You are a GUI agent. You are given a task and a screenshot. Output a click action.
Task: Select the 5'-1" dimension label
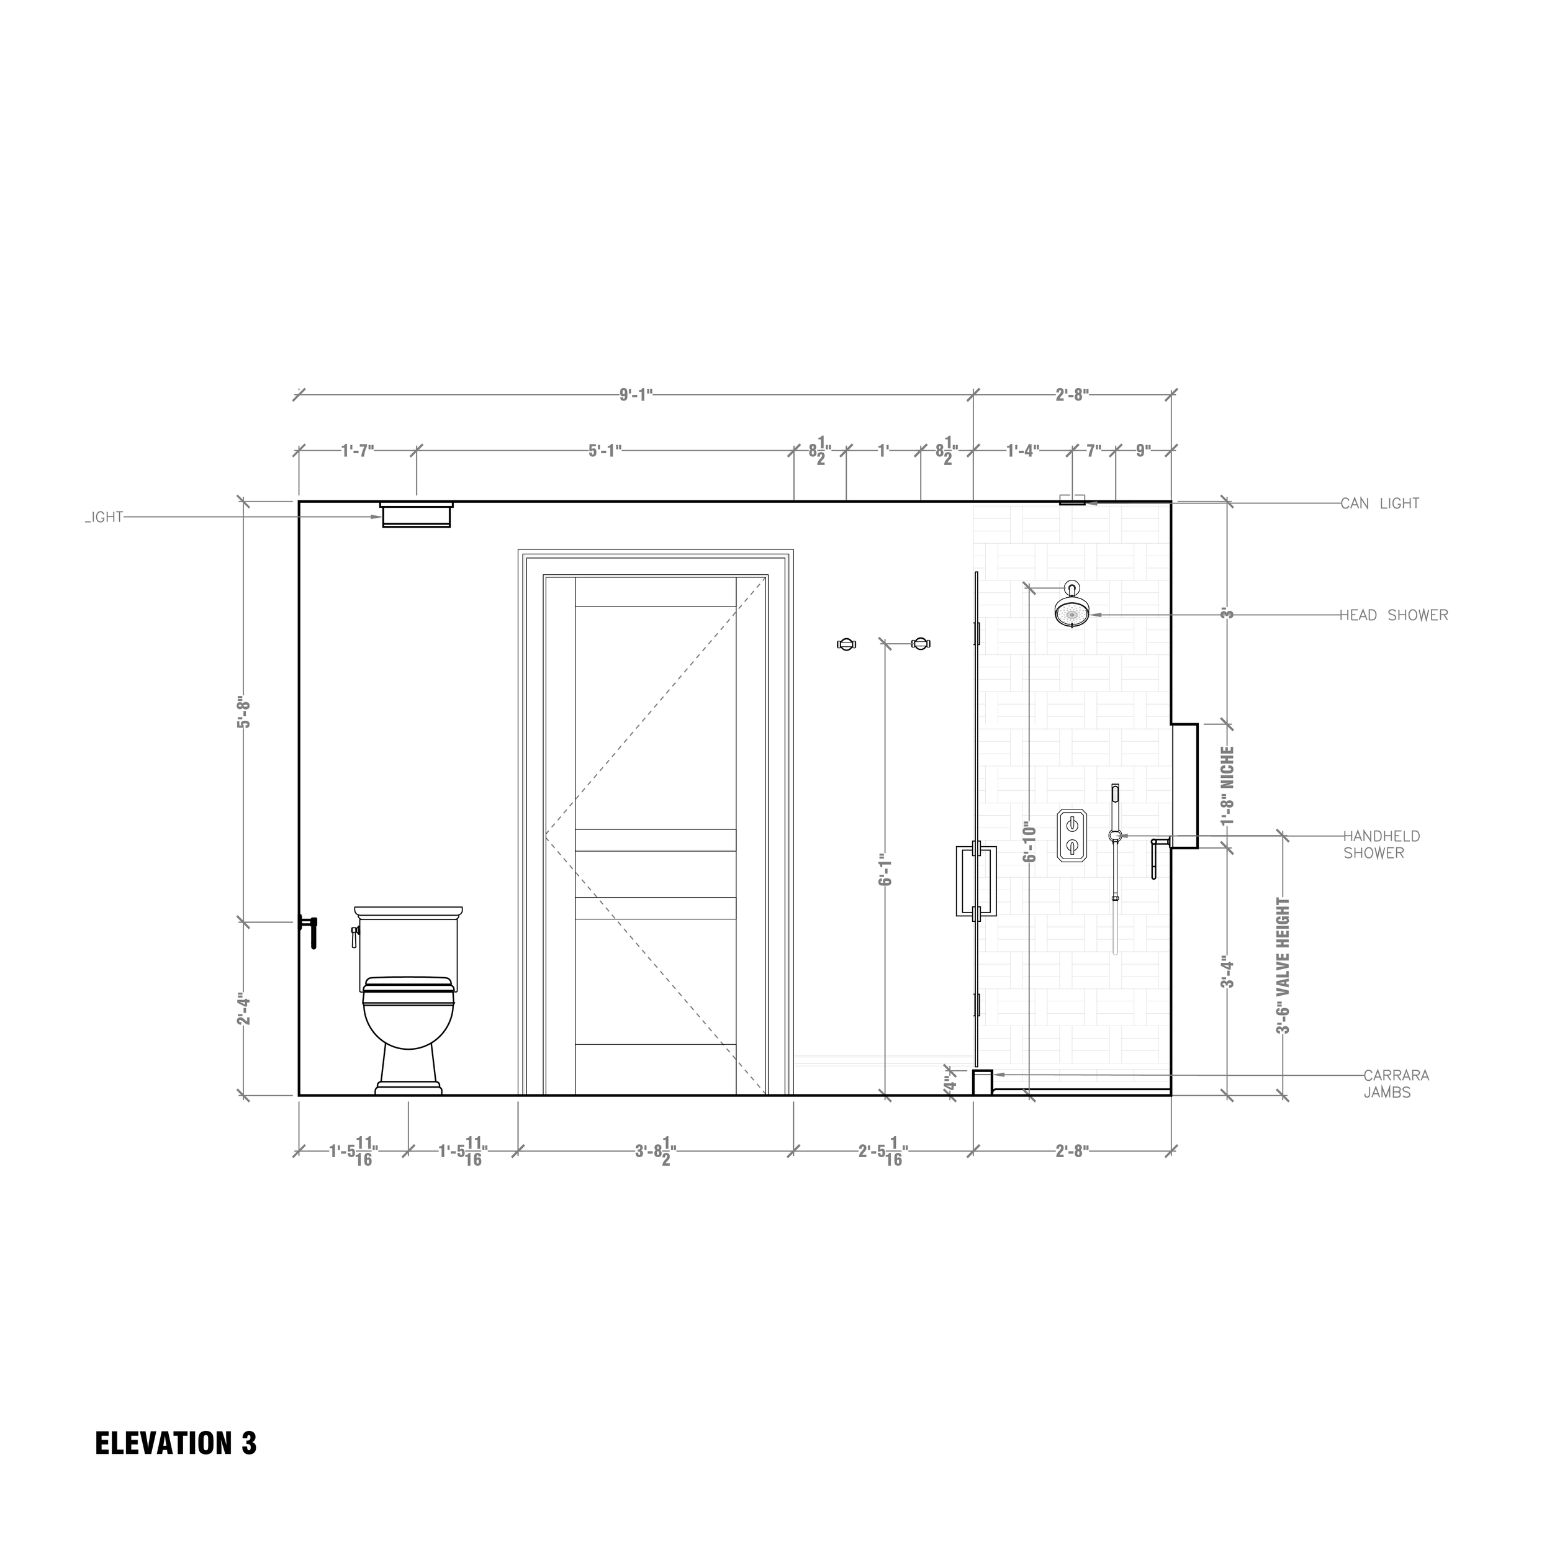pyautogui.click(x=605, y=451)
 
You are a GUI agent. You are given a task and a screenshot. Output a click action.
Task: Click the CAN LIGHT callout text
pyautogui.click(x=1379, y=503)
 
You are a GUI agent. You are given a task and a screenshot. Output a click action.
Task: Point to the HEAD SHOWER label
pyautogui.click(x=1393, y=615)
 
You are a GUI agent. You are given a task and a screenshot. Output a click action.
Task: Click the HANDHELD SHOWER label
pyautogui.click(x=1381, y=844)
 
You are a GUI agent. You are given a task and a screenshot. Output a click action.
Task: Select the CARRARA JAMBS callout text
pyautogui.click(x=1396, y=1084)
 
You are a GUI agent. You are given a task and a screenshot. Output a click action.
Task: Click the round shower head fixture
pyautogui.click(x=1072, y=615)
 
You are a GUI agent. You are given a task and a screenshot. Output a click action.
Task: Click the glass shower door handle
pyautogui.click(x=976, y=882)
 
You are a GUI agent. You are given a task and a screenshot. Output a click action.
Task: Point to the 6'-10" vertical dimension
pyautogui.click(x=1029, y=841)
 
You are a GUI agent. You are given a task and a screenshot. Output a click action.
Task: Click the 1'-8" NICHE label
pyautogui.click(x=1227, y=786)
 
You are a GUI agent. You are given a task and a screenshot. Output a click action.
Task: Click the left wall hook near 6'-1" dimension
pyautogui.click(x=847, y=643)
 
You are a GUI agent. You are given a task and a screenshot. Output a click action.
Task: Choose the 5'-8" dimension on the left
pyautogui.click(x=244, y=711)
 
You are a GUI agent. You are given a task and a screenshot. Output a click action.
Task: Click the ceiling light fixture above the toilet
pyautogui.click(x=416, y=514)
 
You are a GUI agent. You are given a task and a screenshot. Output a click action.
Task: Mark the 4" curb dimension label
pyautogui.click(x=950, y=1085)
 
